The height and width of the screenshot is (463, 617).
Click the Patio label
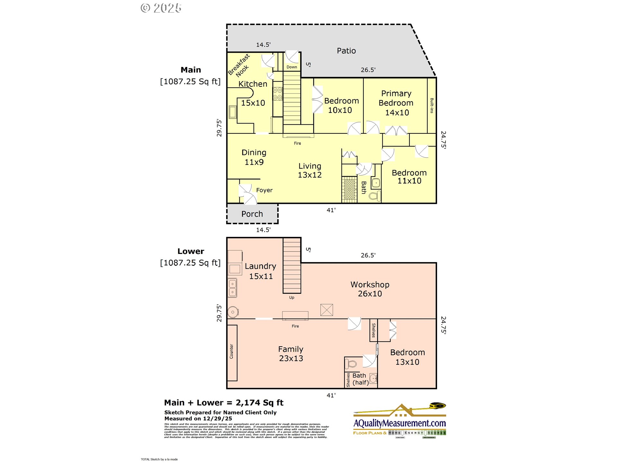(346, 51)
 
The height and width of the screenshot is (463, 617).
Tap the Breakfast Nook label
(239, 66)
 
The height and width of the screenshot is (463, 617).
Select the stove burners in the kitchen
(277, 94)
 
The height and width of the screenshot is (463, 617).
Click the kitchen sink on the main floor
(233, 112)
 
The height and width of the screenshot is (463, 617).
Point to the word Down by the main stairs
(292, 67)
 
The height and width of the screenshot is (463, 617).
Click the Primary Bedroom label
(396, 103)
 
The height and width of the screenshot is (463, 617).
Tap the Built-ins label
(432, 105)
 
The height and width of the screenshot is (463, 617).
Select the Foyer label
(264, 190)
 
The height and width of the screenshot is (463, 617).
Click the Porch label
(252, 214)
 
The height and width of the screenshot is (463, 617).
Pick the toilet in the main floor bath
(374, 196)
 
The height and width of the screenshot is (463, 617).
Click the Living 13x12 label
(309, 170)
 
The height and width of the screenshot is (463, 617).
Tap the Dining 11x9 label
(254, 157)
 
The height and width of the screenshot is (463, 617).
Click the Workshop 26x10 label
(370, 289)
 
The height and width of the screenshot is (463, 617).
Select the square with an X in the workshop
(326, 310)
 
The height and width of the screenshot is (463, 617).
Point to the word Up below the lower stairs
(291, 298)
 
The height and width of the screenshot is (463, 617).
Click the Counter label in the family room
(231, 351)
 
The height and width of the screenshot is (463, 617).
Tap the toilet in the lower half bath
(351, 364)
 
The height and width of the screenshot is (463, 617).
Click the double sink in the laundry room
(232, 288)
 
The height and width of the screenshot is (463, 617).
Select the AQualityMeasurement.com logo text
(399, 423)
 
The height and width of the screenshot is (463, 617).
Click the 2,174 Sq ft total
(259, 403)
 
